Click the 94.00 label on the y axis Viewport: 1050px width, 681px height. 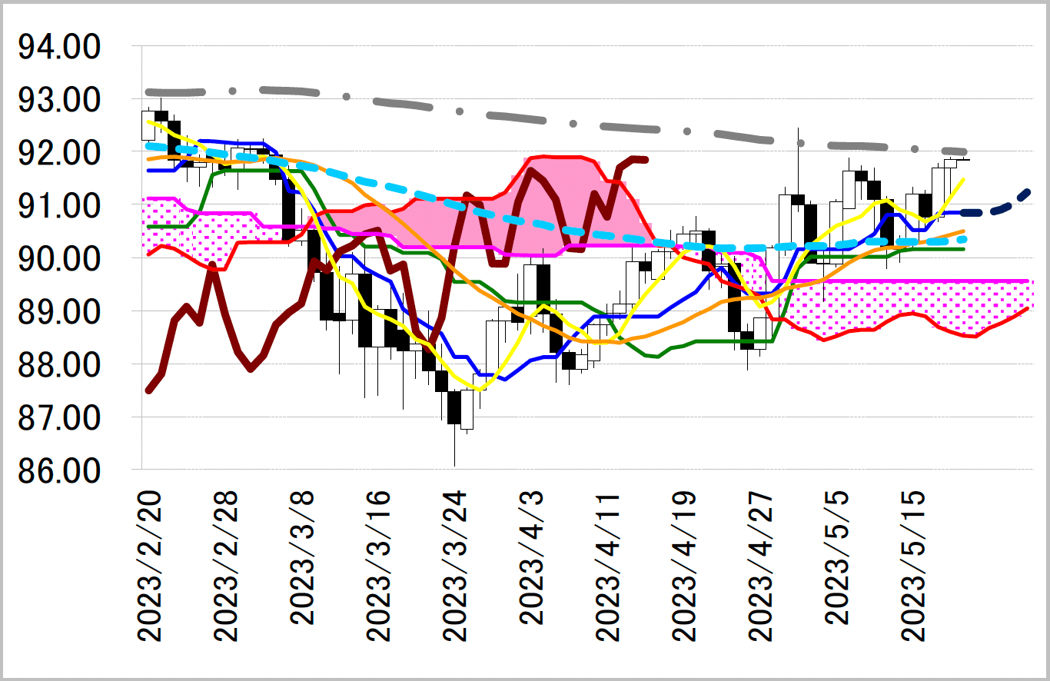coord(58,48)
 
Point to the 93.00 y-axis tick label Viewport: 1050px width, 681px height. coord(58,101)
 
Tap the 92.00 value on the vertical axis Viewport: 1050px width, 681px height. coord(58,154)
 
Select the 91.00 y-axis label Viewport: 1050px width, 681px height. coord(58,207)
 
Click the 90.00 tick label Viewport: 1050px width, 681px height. coord(58,260)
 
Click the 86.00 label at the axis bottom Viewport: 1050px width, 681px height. coord(58,471)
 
